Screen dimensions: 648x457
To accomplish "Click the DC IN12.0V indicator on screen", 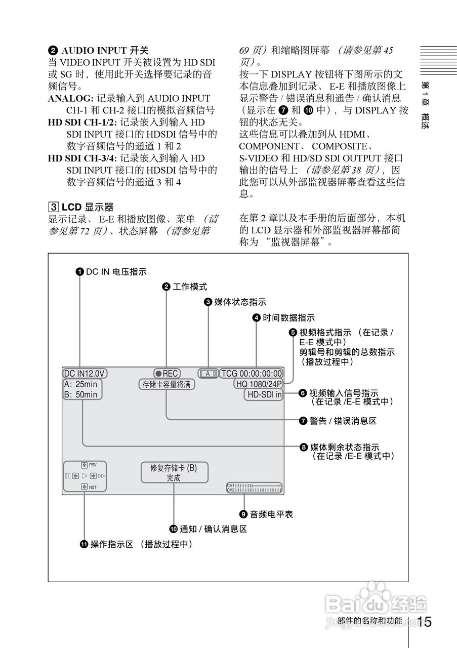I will click(x=85, y=374).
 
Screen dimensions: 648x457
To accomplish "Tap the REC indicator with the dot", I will click(x=167, y=374).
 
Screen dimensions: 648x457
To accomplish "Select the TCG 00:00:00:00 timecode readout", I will click(x=252, y=374).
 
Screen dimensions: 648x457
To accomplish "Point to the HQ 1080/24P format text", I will click(x=259, y=384).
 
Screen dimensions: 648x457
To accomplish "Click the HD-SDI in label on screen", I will click(x=264, y=395).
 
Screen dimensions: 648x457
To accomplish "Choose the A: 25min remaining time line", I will click(x=80, y=384).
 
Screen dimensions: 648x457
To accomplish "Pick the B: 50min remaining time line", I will click(x=80, y=395).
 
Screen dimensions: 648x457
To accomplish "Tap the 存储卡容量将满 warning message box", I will click(x=167, y=385).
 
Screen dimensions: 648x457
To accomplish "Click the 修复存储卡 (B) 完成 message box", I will click(x=174, y=473).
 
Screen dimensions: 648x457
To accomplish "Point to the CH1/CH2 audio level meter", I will click(x=254, y=488).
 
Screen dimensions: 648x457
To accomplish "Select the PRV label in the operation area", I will click(x=93, y=465).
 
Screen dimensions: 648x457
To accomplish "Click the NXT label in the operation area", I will click(x=93, y=487).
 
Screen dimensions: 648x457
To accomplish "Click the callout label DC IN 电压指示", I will click(x=116, y=272).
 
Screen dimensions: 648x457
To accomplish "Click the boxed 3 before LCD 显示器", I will click(x=53, y=207).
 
